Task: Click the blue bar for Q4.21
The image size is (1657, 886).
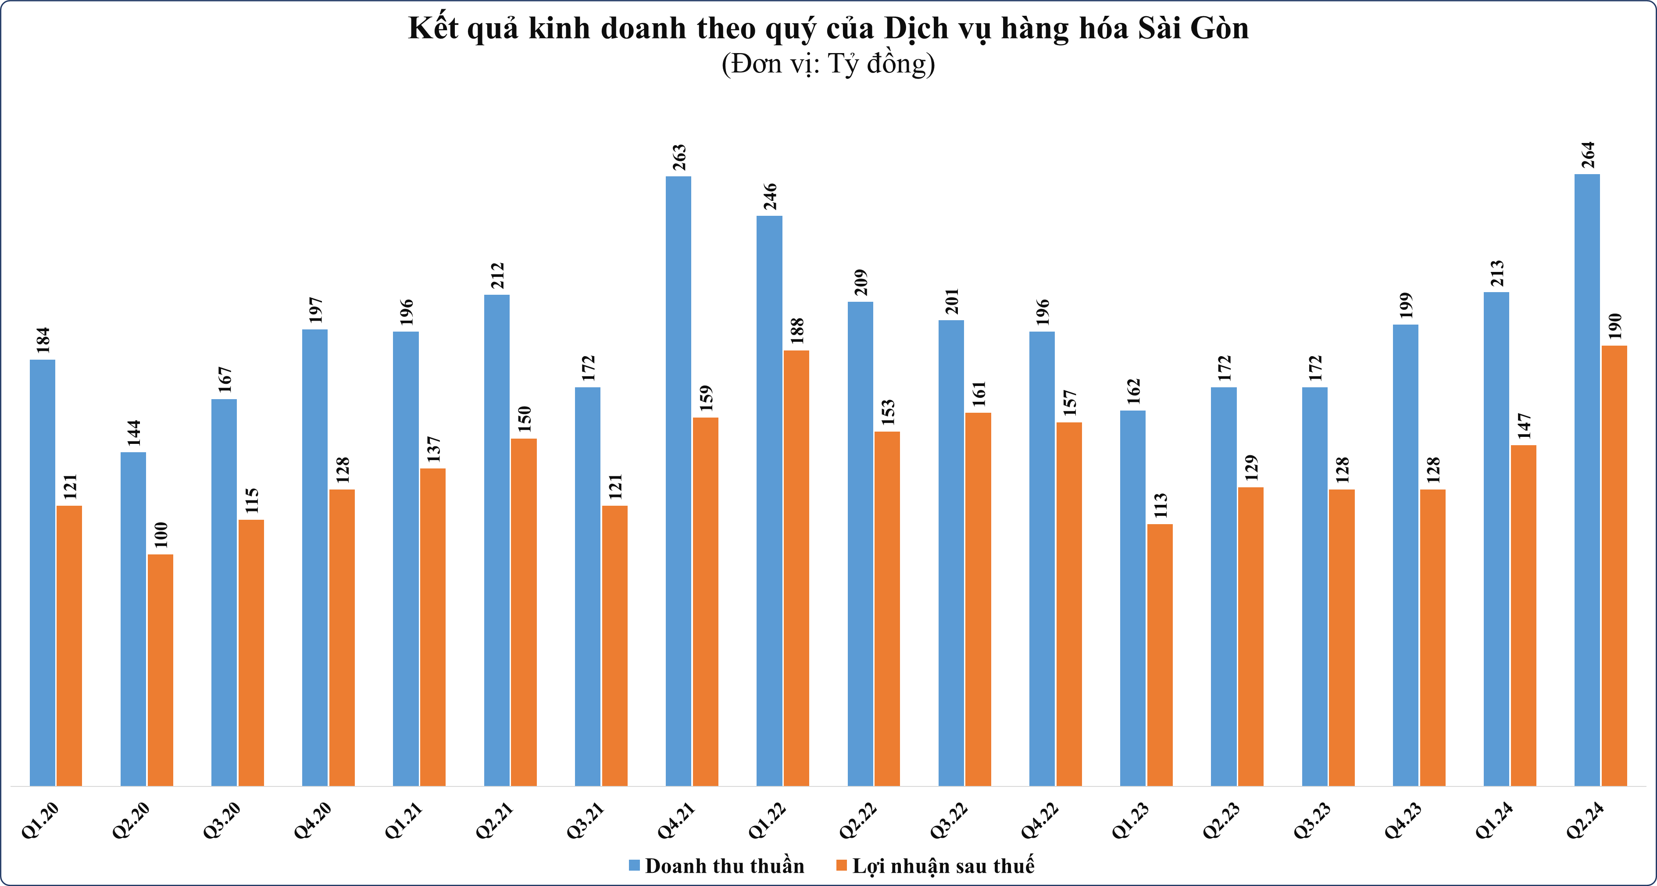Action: click(x=678, y=481)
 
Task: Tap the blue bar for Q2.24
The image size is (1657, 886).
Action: click(x=1587, y=480)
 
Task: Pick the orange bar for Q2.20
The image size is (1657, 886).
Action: click(x=160, y=670)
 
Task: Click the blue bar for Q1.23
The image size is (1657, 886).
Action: click(x=1133, y=598)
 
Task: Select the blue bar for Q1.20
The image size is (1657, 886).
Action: click(x=43, y=573)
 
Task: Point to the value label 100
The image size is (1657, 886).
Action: click(x=161, y=535)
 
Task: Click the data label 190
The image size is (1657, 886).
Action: click(x=1614, y=326)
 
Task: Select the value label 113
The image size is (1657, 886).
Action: click(x=1161, y=505)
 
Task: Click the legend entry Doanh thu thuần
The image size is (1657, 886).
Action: click(x=717, y=866)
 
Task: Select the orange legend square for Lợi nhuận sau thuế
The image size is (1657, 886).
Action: click(x=841, y=865)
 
